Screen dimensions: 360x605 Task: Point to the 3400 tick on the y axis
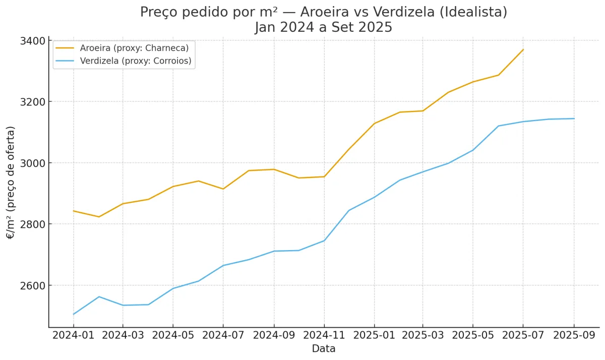coord(33,41)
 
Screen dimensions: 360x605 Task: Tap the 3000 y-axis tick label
coord(33,163)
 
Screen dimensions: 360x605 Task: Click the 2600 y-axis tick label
coord(33,285)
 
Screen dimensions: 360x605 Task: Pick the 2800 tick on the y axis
coord(33,224)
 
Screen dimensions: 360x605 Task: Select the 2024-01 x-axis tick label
coord(74,335)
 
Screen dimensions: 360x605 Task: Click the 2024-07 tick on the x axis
coord(223,335)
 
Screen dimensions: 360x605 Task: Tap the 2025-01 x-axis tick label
coord(374,335)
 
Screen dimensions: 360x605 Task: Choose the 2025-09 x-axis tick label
coord(574,335)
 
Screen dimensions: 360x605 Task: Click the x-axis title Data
coord(324,348)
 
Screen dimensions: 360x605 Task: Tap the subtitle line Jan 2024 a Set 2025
coord(324,27)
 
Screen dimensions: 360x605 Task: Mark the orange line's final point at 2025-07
coord(524,49)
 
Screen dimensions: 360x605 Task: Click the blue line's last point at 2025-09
coord(574,118)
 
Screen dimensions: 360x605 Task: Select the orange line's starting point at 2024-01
coord(74,211)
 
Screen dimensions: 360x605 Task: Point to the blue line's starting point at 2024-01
coord(74,314)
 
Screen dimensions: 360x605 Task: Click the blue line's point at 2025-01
coord(374,197)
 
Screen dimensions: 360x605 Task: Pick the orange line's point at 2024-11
coord(324,176)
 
